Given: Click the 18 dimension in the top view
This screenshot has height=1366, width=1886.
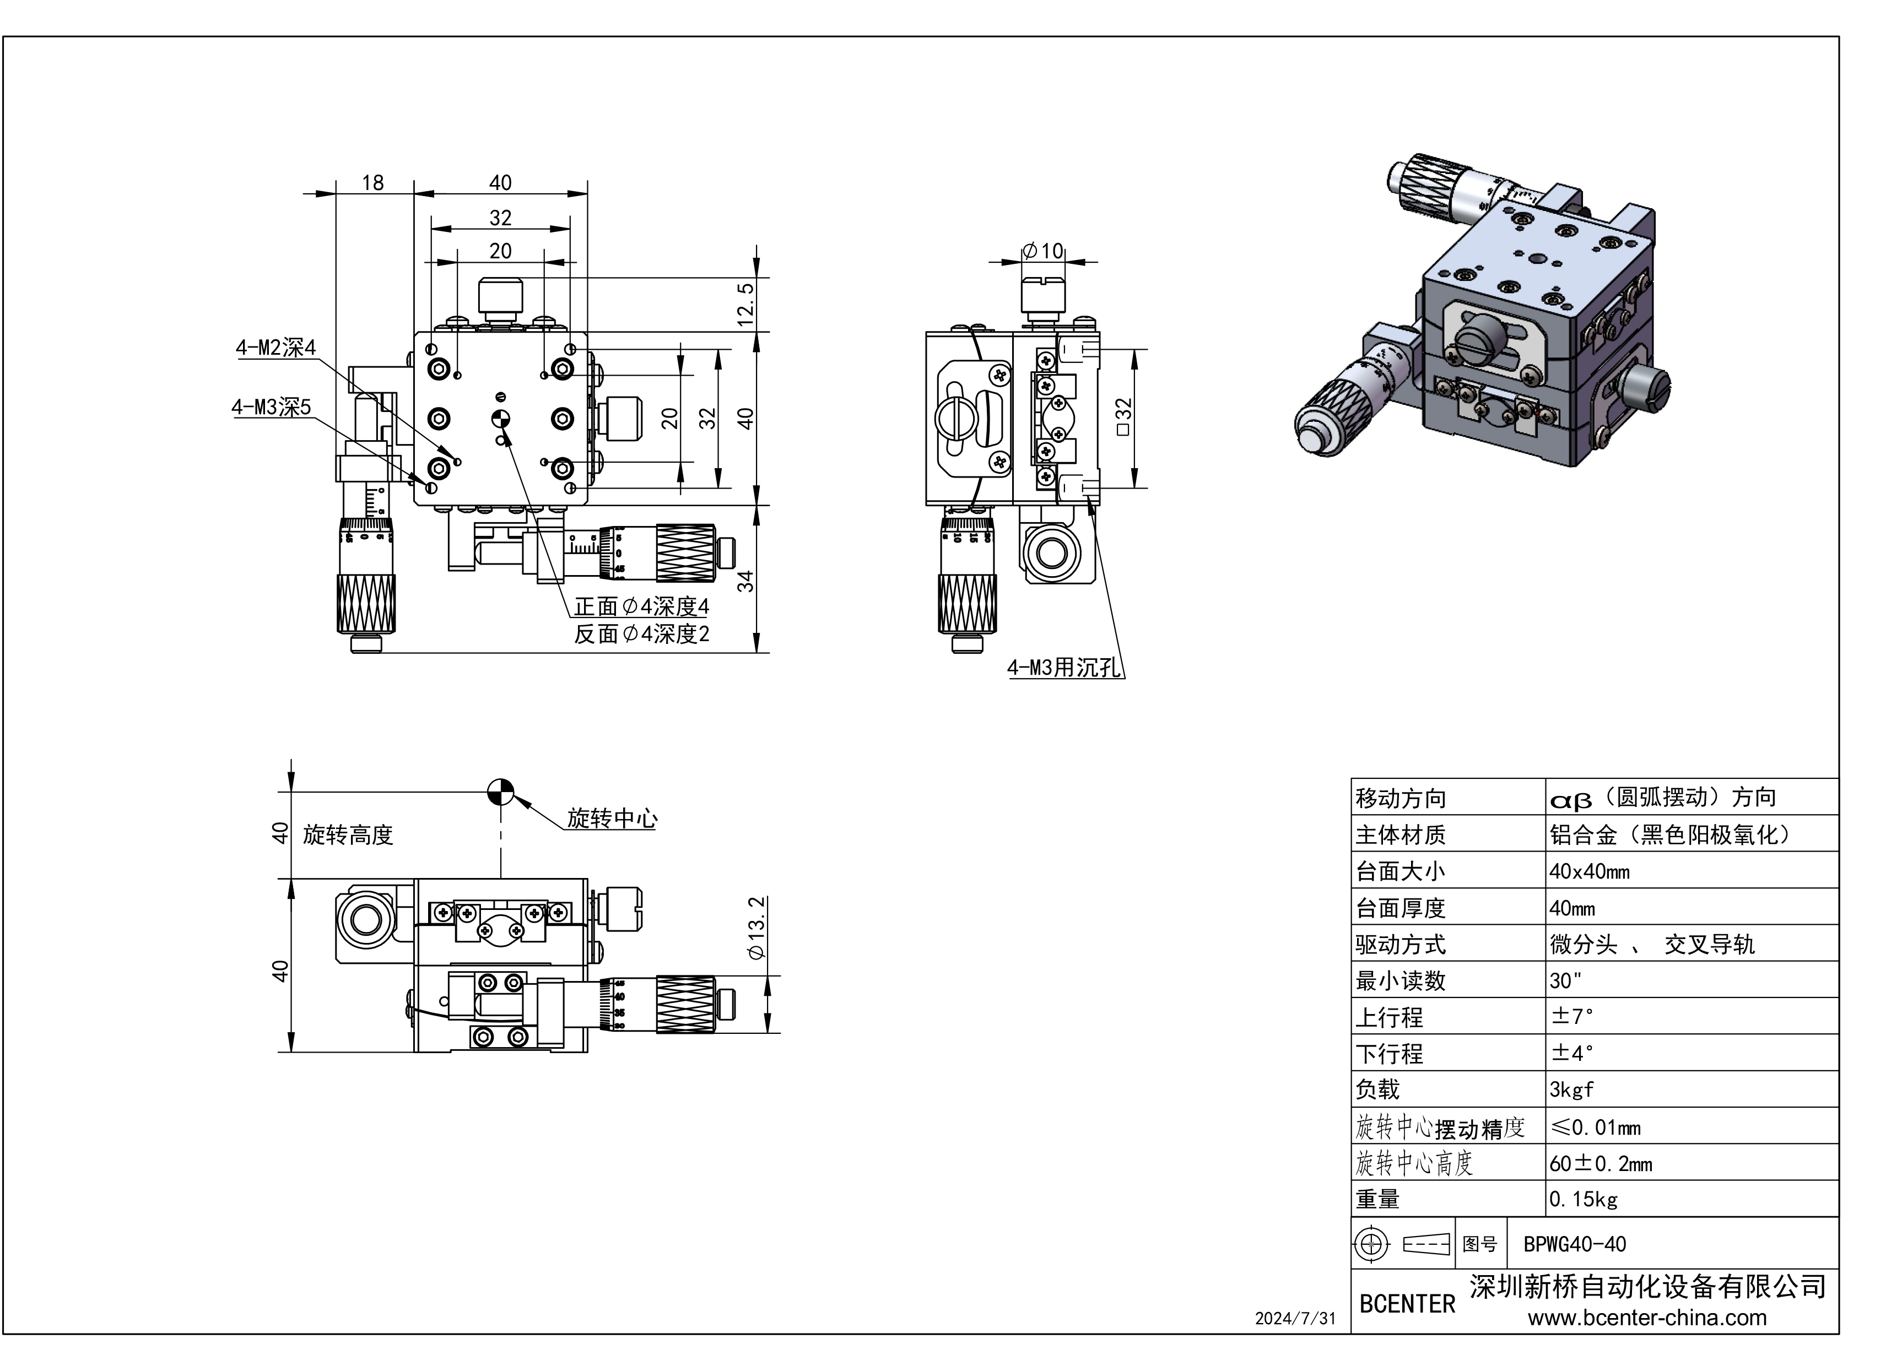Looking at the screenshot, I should coord(372,183).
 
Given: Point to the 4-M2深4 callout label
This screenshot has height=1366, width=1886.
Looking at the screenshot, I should coord(275,348).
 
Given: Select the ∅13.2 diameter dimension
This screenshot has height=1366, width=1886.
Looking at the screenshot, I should coord(756,928).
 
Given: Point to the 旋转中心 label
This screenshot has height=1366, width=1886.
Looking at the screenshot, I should coord(612,819).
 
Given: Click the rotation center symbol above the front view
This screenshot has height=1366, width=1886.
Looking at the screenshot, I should coord(501,792).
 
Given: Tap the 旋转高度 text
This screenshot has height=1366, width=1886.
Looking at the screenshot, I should coord(348,834).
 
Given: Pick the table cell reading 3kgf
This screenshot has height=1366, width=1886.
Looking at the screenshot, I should coord(1571,1089).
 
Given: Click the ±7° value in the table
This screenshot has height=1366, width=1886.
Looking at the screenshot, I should coord(1571,1016).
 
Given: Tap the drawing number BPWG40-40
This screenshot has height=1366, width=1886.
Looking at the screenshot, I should coord(1574,1245).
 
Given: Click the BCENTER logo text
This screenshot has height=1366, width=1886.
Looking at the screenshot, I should coord(1407,1304).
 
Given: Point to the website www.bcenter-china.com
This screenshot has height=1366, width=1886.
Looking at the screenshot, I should coord(1646,1318).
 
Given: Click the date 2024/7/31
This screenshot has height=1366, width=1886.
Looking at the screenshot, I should coord(1295,1319).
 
